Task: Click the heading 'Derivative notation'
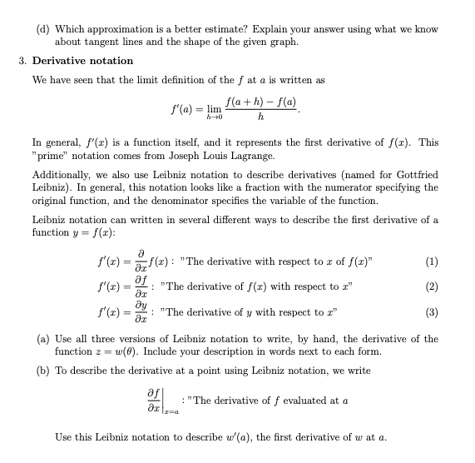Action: tap(82, 61)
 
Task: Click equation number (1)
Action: tap(431, 261)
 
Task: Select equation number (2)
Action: tap(431, 288)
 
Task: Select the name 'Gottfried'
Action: tap(412, 173)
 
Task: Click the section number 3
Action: tap(22, 61)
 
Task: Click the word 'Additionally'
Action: tap(62, 173)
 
